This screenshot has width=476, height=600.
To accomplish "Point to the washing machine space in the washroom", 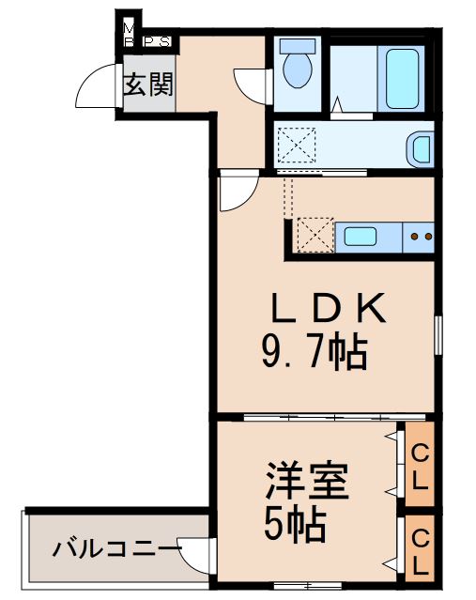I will click(298, 148).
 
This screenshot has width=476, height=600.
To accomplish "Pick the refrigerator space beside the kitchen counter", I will click(314, 235).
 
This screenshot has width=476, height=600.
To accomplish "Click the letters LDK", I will click(327, 310).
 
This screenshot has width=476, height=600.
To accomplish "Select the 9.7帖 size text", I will click(314, 353).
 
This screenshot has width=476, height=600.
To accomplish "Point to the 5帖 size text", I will click(294, 525).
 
